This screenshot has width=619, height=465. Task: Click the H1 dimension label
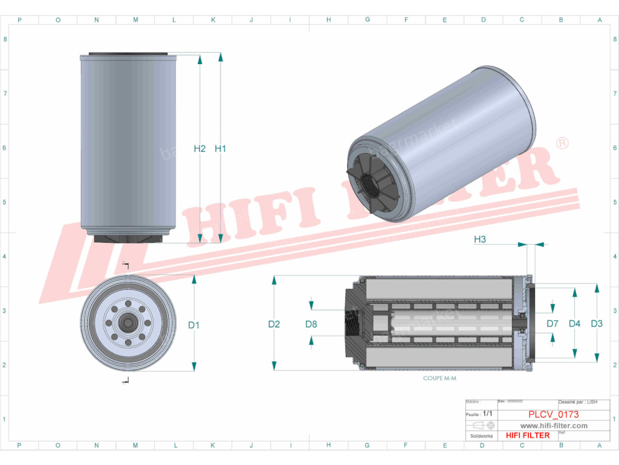(220, 148)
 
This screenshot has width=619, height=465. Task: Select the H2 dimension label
(200, 148)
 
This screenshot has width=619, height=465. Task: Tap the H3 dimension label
(480, 239)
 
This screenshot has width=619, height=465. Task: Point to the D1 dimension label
(193, 325)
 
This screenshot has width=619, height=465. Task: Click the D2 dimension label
(274, 324)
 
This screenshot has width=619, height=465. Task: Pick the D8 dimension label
(311, 324)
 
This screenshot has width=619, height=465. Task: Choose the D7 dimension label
(553, 324)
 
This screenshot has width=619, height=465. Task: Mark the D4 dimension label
(574, 324)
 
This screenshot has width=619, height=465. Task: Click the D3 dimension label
(597, 324)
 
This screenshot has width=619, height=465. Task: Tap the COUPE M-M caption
(439, 377)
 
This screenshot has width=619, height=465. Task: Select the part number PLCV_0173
(553, 415)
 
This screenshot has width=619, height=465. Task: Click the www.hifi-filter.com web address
(554, 426)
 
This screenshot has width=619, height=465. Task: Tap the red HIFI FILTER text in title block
(528, 435)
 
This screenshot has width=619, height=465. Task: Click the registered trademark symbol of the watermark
(562, 143)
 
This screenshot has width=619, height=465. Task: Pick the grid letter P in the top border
(19, 20)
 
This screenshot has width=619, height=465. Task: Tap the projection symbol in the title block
(482, 425)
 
